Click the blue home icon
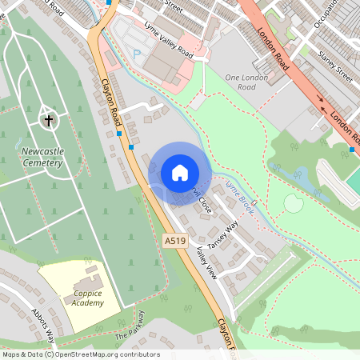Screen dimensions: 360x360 [180, 173]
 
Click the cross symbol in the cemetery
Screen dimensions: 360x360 [48, 121]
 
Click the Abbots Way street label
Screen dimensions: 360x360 [43, 323]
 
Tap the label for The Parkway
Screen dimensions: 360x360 [130, 326]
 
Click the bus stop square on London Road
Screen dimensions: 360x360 [353, 149]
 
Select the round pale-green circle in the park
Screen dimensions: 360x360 [294, 204]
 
